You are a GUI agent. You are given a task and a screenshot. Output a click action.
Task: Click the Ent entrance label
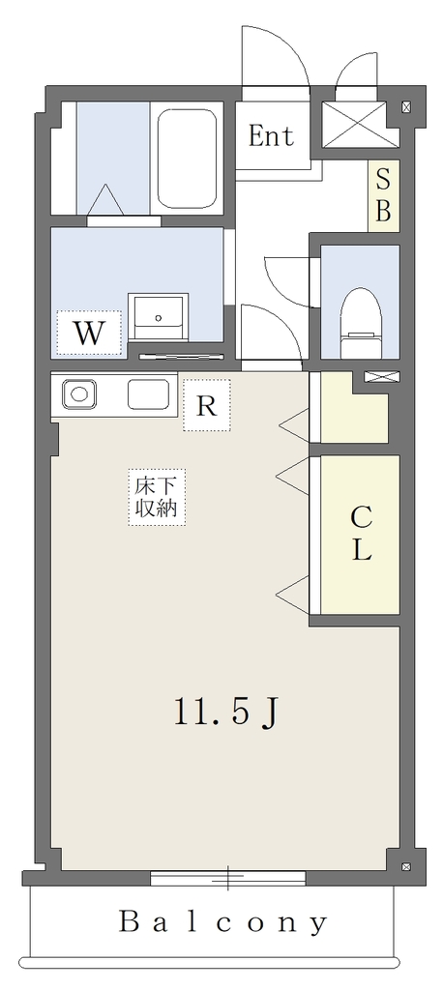click(271, 135)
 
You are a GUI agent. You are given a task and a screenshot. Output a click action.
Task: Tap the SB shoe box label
click(384, 195)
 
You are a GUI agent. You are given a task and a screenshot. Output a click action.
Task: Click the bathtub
click(187, 159)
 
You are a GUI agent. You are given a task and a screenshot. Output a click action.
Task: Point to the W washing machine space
click(88, 333)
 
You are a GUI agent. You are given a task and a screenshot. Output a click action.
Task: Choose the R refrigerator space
click(207, 405)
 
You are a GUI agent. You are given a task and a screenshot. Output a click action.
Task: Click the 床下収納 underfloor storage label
click(157, 498)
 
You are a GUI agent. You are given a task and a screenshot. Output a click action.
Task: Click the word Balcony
click(223, 923)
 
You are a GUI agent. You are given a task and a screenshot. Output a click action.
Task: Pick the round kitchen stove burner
click(79, 394)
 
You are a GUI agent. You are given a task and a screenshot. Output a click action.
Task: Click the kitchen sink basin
click(149, 394)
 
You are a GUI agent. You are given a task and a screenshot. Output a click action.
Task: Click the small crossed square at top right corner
click(406, 107)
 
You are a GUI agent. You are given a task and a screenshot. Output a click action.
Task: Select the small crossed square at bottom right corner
click(406, 866)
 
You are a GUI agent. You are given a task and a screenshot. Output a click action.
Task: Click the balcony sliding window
click(228, 878)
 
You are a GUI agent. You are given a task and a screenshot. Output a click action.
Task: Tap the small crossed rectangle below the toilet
click(382, 377)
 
